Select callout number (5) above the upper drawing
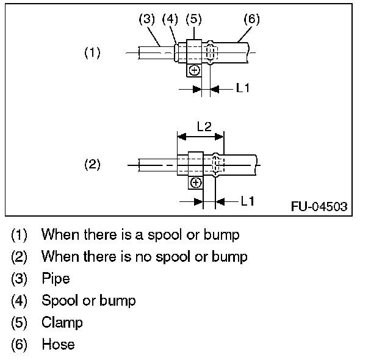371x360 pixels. click(x=193, y=20)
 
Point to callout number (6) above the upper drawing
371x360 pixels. click(x=251, y=20)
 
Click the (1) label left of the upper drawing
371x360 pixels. click(x=92, y=53)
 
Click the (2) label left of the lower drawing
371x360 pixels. click(x=92, y=165)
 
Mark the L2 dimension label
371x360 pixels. click(x=204, y=126)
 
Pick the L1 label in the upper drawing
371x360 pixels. click(x=243, y=88)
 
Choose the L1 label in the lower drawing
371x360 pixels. click(x=248, y=201)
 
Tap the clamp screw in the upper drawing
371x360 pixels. click(x=193, y=71)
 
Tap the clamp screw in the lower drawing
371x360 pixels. click(x=195, y=182)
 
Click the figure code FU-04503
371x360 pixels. click(x=319, y=206)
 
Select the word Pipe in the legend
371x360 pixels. click(x=56, y=279)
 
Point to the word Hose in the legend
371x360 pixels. click(x=58, y=344)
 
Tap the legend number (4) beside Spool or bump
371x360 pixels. click(x=20, y=300)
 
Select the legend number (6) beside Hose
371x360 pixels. click(x=20, y=344)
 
